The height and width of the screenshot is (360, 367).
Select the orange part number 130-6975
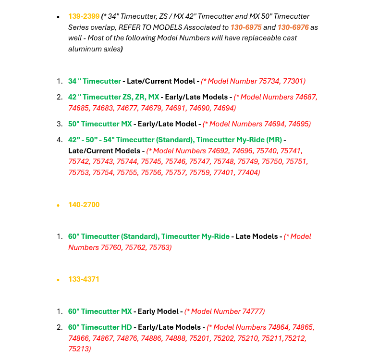coord(245,27)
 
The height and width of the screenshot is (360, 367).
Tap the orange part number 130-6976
coord(293,27)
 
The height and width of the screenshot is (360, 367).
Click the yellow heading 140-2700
coord(84,205)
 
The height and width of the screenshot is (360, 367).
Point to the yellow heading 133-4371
coord(84,279)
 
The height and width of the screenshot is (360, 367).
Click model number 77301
coord(293,81)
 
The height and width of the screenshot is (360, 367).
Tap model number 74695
coord(298,124)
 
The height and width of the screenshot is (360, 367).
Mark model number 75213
coord(78,348)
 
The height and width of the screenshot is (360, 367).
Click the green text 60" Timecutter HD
coord(100,327)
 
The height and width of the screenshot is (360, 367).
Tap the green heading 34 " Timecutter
coord(94,81)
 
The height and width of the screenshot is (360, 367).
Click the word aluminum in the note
coord(85,49)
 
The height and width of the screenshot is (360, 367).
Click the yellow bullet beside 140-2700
coord(58,205)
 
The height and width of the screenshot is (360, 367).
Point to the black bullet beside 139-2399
coord(58,17)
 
